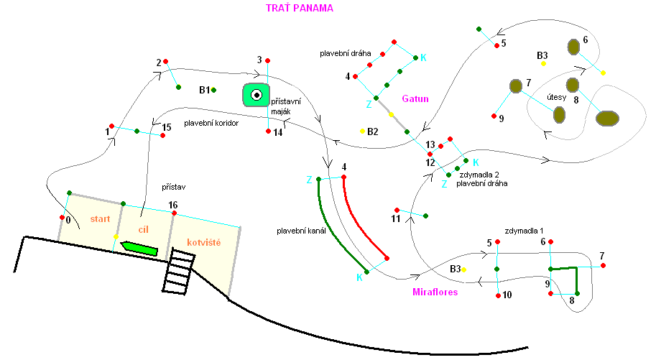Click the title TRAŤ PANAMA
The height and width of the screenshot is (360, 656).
[300, 8]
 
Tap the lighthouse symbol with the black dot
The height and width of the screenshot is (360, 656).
[256, 94]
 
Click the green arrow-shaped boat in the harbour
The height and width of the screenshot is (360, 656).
[139, 249]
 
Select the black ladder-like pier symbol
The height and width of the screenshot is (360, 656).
[177, 274]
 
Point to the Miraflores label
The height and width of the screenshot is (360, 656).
[435, 292]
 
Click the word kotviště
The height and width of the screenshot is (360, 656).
[203, 243]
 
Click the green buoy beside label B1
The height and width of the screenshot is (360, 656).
[214, 90]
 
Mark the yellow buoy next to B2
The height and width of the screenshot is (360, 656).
[363, 131]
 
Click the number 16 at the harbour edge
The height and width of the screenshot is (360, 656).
[172, 206]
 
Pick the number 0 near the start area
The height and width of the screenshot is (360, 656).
[68, 221]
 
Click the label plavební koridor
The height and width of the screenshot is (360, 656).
[211, 123]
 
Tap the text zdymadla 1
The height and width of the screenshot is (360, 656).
[525, 231]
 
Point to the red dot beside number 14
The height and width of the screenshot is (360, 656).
[268, 131]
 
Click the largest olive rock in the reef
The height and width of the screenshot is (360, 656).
[608, 119]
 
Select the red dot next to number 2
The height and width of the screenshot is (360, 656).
[165, 61]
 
